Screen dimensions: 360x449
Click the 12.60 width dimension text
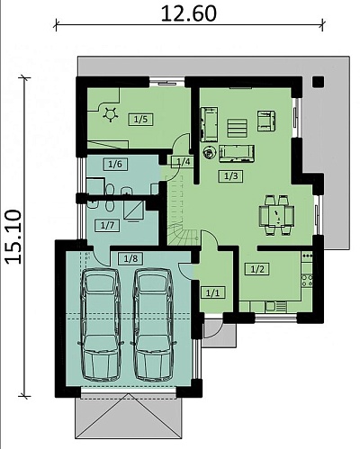tap(188, 13)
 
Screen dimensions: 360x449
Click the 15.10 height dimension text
tap(13, 237)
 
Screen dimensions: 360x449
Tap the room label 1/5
tap(140, 120)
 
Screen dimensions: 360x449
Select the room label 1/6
tap(115, 164)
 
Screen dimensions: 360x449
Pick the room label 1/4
tap(183, 162)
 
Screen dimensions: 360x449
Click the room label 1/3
tap(230, 176)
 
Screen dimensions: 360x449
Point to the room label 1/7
tap(108, 225)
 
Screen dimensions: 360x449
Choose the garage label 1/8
tap(130, 258)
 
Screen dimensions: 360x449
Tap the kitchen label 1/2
tap(257, 269)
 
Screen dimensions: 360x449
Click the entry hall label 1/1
tap(212, 292)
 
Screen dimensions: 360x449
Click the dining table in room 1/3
tap(276, 215)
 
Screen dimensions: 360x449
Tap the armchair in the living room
tap(266, 121)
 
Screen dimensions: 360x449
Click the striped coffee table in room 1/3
tap(238, 128)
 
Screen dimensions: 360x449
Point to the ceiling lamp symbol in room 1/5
tap(110, 114)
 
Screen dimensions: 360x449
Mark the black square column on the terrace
tap(318, 82)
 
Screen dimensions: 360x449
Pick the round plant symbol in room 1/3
tap(209, 153)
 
